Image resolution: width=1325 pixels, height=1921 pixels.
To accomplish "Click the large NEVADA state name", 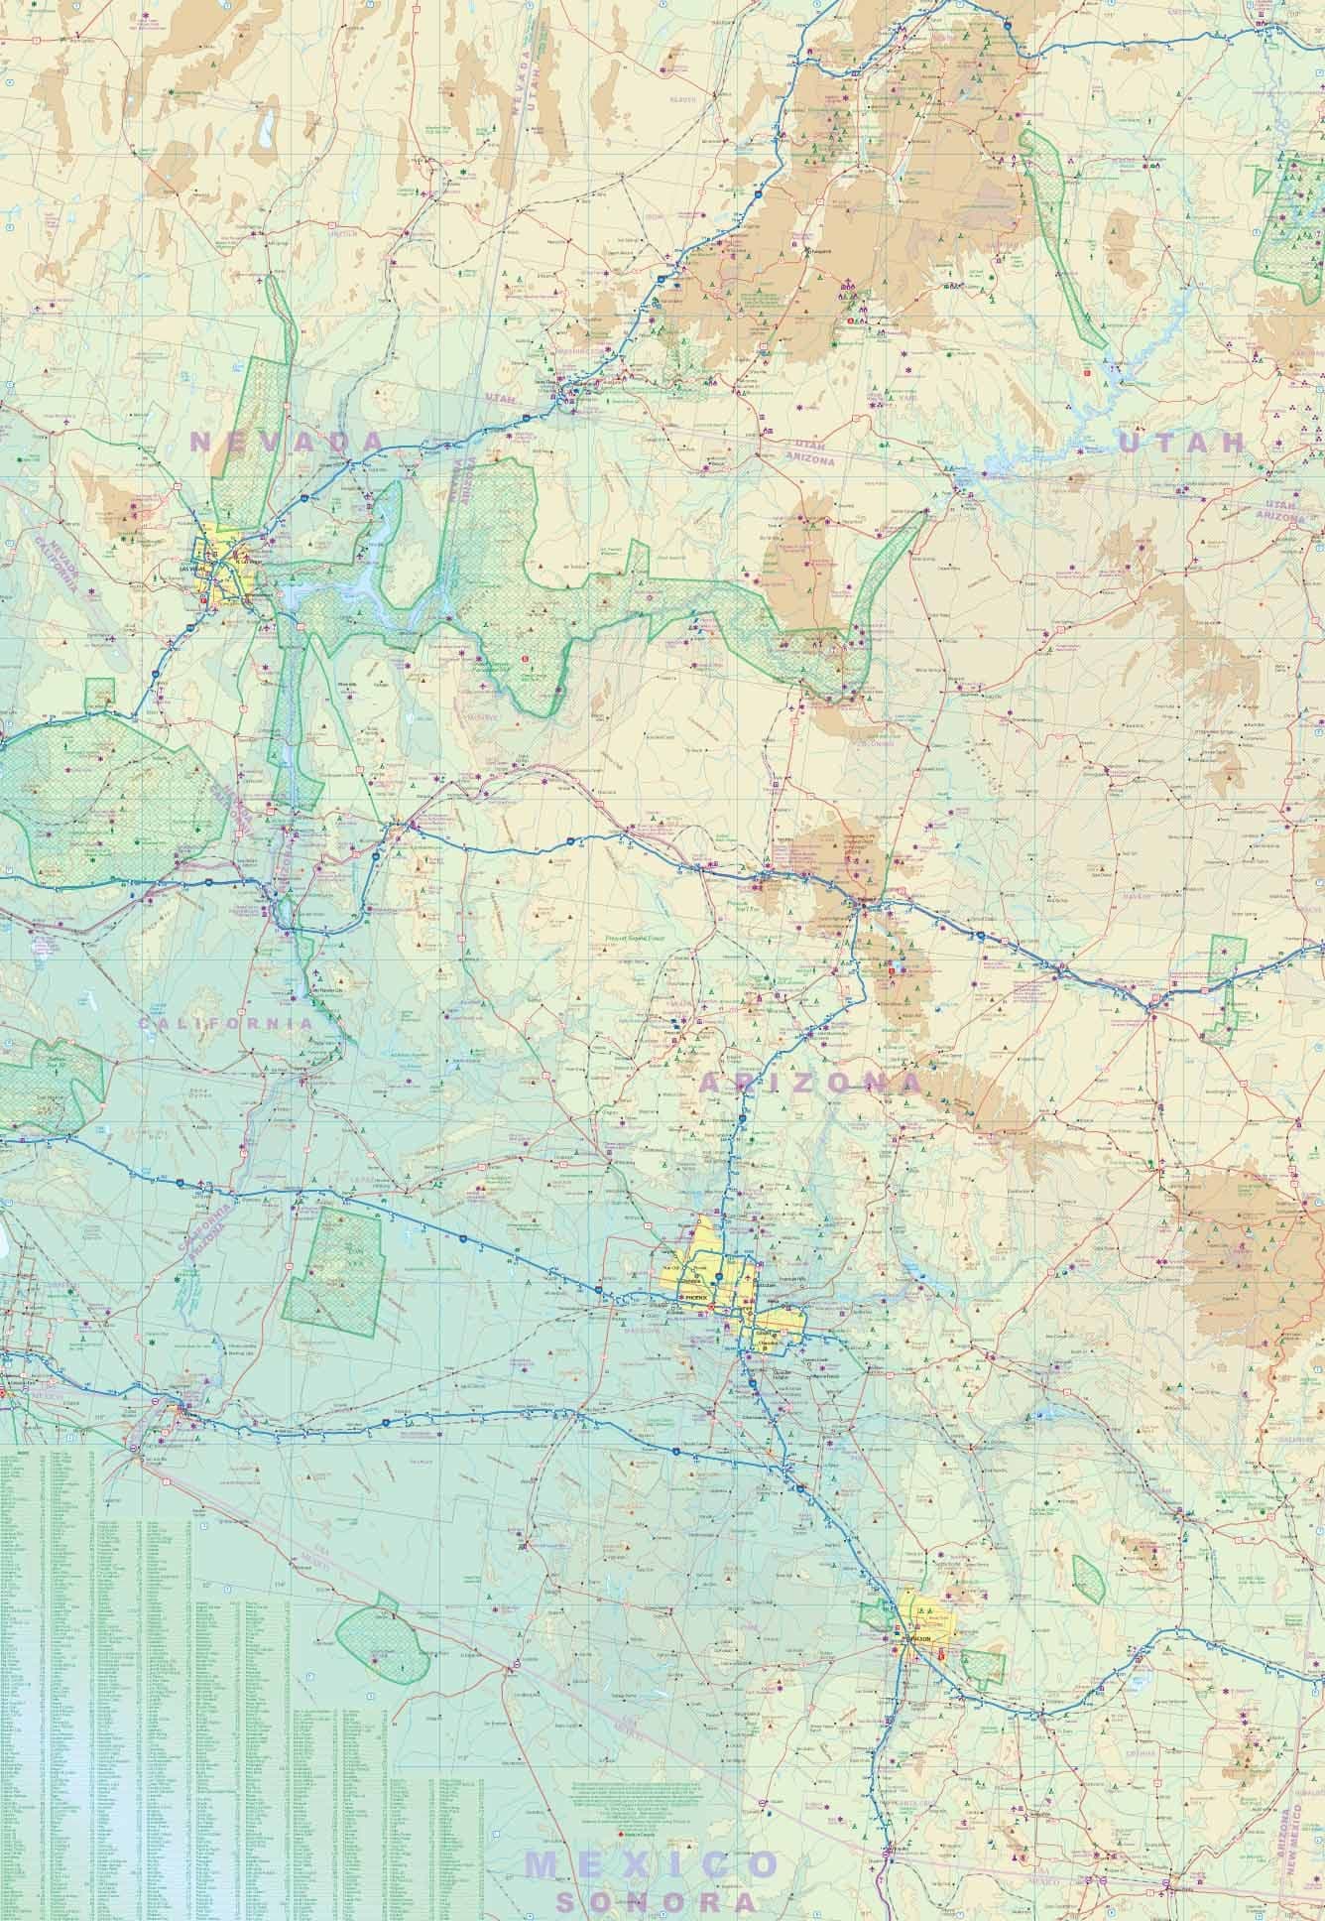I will tap(286, 442).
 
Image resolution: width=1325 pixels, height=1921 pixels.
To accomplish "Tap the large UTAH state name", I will tap(1180, 443).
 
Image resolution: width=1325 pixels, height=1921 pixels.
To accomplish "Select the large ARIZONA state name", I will tap(808, 1082).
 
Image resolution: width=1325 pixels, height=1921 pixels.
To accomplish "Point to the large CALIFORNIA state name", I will tap(225, 1022).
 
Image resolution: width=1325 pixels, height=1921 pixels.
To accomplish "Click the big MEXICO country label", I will tap(652, 1863).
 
